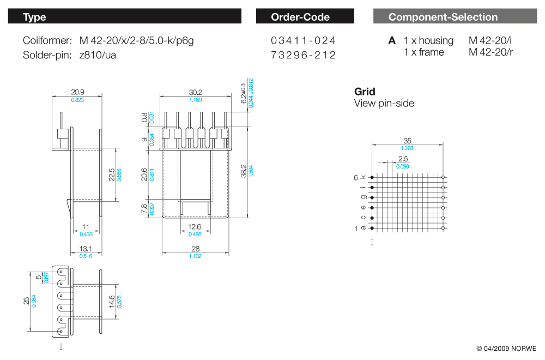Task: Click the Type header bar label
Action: coord(34,17)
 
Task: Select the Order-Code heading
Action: coord(300,17)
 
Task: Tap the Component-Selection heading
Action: coord(443,17)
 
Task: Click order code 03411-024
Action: coord(303,40)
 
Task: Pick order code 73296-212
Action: coord(303,55)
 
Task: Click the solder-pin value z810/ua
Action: coord(98,55)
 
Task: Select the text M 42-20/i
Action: coord(491,40)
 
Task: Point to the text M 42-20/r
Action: coord(491,52)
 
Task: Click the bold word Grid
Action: coord(365,92)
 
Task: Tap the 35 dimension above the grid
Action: coord(407,141)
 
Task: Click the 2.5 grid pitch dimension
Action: coord(403,159)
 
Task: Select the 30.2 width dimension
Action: coord(195,92)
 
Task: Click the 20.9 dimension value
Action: coord(77,92)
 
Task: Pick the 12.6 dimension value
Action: coord(195,227)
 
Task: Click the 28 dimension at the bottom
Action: coord(195,249)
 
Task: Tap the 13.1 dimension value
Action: coord(86,249)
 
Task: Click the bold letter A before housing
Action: coord(392,40)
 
